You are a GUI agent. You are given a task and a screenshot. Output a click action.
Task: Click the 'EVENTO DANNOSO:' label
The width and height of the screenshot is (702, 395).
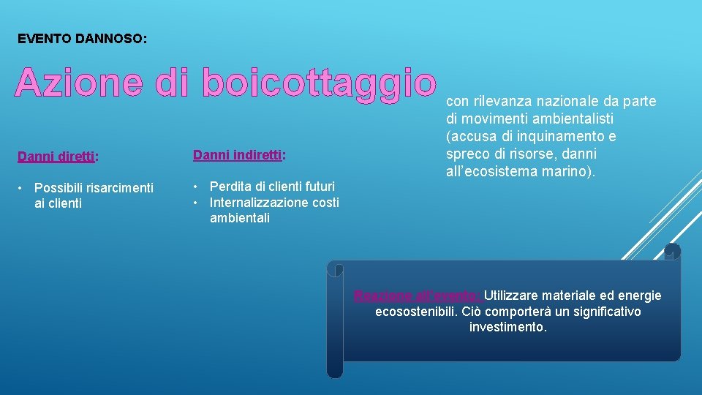[82, 38]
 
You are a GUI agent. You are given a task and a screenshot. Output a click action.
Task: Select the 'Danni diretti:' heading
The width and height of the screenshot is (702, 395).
[58, 156]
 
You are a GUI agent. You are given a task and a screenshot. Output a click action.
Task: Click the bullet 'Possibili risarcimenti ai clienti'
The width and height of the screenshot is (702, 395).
[94, 195]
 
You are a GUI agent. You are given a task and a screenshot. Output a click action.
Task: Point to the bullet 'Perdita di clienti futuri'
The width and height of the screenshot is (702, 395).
[272, 187]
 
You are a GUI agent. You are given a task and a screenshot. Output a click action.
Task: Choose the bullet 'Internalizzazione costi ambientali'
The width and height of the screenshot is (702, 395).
[274, 210]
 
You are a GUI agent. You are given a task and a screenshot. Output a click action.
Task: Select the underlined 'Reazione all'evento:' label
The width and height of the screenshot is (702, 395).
[417, 296]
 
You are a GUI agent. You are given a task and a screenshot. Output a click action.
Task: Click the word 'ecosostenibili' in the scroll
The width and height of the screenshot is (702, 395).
[415, 312]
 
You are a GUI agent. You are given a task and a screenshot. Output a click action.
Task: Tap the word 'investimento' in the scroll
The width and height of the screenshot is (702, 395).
[507, 328]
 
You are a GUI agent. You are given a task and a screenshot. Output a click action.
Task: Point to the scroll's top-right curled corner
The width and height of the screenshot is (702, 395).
[671, 252]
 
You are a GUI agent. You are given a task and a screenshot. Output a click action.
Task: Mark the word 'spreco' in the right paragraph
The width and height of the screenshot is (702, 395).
[466, 154]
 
